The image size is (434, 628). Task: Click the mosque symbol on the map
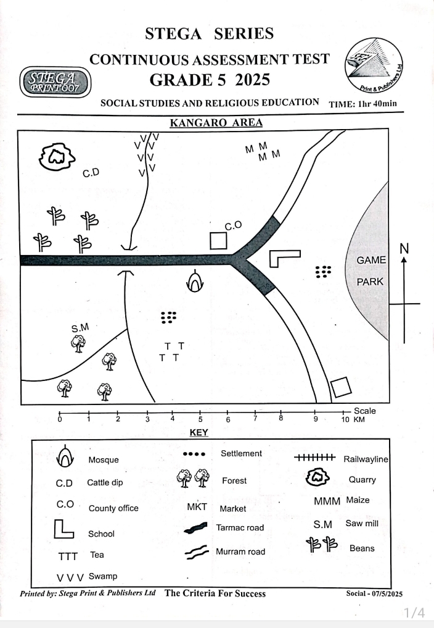[195, 282]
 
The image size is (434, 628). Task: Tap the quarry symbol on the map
[57, 158]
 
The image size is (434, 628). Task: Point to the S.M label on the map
[80, 328]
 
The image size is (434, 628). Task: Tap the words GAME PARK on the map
[371, 271]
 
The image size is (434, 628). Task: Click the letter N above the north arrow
[404, 249]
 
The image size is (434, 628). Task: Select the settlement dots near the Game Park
[324, 272]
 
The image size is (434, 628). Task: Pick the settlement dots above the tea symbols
[168, 317]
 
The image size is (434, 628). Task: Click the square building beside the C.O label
[219, 240]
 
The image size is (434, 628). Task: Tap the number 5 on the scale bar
[200, 420]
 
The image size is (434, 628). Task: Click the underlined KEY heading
[199, 433]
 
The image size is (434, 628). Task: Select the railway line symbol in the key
[314, 458]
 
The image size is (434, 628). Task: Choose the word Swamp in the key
[102, 576]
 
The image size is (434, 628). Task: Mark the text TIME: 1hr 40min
[364, 103]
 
